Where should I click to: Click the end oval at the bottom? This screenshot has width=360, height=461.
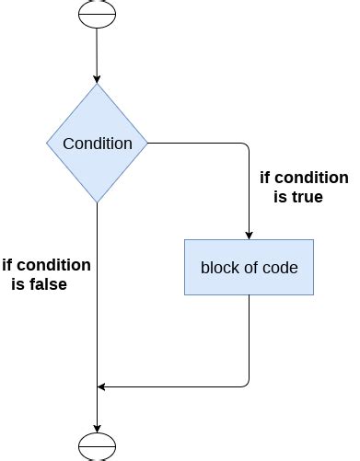tap(97, 445)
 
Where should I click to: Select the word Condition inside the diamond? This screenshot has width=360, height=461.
tap(97, 144)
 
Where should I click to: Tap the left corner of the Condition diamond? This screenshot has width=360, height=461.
tap(49, 144)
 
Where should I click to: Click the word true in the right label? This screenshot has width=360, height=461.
tap(307, 197)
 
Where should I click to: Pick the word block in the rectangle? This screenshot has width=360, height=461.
tap(219, 268)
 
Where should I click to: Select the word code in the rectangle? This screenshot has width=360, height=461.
tap(280, 268)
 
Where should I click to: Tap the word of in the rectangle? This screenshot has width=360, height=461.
tap(250, 268)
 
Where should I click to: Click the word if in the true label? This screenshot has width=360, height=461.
tap(266, 178)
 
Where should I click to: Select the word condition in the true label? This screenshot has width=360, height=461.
tap(312, 178)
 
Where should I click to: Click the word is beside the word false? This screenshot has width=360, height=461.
tap(17, 284)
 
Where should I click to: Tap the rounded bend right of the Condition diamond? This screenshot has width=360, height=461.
tap(246, 146)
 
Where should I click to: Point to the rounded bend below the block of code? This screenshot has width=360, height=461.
tap(246, 384)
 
